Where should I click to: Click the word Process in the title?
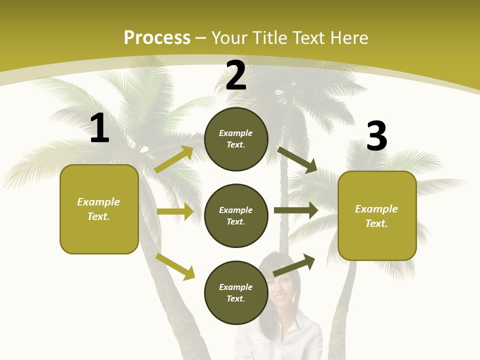157,38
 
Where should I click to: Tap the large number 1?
99,128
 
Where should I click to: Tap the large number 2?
236,76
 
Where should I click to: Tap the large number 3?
376,136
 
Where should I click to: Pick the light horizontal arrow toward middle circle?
175,211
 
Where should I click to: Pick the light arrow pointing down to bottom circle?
175,266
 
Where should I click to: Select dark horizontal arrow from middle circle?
296,210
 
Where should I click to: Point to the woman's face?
281,287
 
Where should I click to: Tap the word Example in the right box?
376,209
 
